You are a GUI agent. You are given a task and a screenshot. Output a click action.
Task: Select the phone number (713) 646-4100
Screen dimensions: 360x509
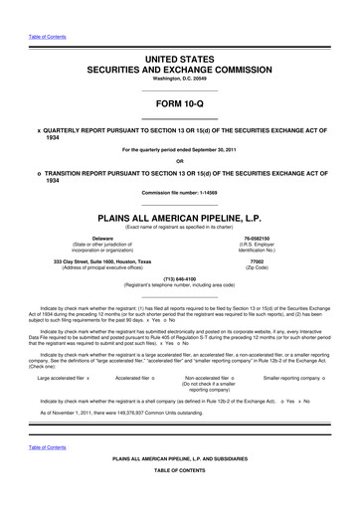pyautogui.click(x=179, y=252)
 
